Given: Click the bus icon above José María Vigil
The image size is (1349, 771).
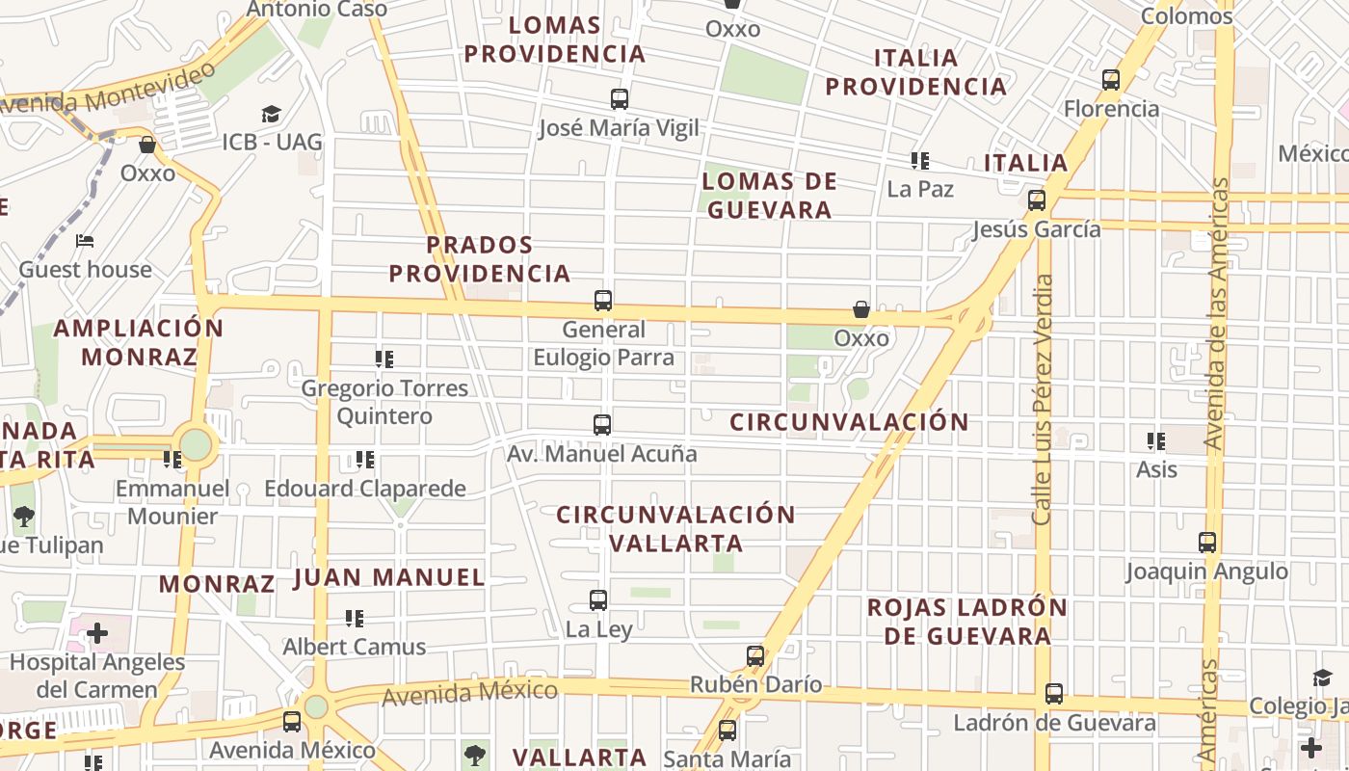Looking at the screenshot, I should pos(620,99).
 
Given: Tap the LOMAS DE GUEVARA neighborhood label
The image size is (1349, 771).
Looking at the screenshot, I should pos(768,195).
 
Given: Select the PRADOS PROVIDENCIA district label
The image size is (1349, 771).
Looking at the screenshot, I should pos(480,259).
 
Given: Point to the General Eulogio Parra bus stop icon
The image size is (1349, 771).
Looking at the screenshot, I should pos(603,301).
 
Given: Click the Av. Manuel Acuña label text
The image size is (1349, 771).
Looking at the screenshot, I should pos(602,454).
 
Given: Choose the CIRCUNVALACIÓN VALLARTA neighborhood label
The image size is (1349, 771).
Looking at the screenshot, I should pos(676,528).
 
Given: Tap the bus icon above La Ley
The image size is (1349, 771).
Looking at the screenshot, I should pos(598,600).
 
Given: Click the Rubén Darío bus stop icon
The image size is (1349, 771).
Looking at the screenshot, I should pos(755,656).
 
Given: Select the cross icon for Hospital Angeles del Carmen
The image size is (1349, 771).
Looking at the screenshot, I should pos(97,633).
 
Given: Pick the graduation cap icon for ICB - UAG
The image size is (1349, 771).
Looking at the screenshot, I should pos(272,114).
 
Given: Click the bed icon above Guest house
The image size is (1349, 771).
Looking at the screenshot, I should pos(85,240).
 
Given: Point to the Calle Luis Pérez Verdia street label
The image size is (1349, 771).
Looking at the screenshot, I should pos(1044,400).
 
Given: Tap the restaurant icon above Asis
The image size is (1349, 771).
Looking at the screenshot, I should pos(1156,441).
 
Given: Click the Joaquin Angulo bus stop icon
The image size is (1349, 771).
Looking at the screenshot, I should pos(1207,543).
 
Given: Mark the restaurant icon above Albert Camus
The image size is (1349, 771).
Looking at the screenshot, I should pos(355,618).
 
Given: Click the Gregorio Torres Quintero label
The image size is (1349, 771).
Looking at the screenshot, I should pos(384,402).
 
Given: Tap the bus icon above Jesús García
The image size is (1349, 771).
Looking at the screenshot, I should pos(1037,200).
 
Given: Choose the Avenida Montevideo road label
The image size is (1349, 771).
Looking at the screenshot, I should pos(106,88).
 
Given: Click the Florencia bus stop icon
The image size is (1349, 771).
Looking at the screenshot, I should pos(1111,80).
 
